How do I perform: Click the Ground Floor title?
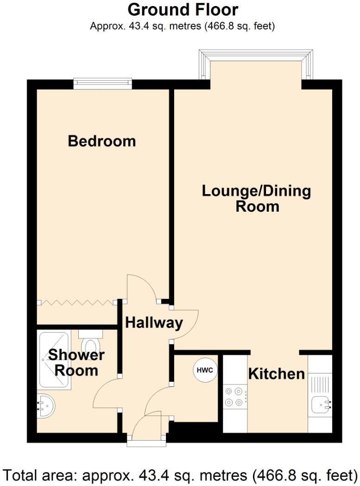(x=183, y=9)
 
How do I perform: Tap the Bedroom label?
(x=102, y=141)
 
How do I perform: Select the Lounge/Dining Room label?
(x=257, y=198)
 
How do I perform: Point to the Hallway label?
(x=154, y=322)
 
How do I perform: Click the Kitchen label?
(x=277, y=373)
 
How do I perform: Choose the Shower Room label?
(x=76, y=363)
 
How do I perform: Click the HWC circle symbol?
(x=205, y=370)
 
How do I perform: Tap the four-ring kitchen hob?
(x=234, y=396)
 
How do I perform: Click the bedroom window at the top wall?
(x=102, y=84)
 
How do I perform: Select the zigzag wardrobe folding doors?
(x=77, y=303)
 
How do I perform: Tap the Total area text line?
(x=180, y=475)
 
